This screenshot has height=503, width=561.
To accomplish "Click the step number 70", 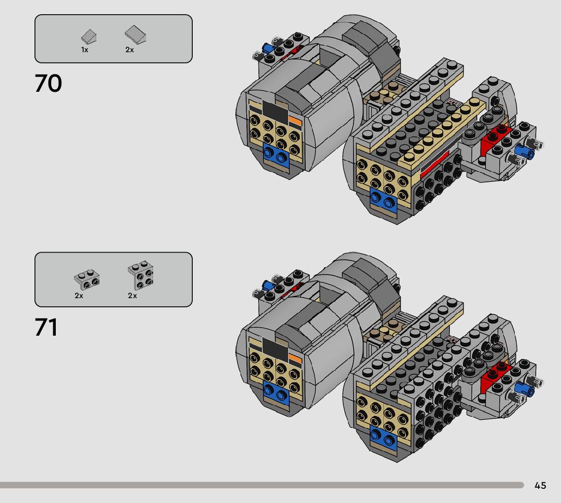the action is [x=48, y=83].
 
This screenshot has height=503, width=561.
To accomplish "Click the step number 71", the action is [x=46, y=328].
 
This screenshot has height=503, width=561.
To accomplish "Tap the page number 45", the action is [x=540, y=485].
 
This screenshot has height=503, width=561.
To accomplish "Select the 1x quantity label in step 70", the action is [x=84, y=50].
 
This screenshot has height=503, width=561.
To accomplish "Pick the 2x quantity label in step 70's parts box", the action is [x=129, y=50].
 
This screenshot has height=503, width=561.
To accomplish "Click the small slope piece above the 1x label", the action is [x=89, y=37].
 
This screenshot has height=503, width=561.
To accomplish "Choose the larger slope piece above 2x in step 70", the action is [x=135, y=34].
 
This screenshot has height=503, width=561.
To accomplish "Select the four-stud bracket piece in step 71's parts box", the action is [x=141, y=275].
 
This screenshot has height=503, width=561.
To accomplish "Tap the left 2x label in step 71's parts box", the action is [x=79, y=296].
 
